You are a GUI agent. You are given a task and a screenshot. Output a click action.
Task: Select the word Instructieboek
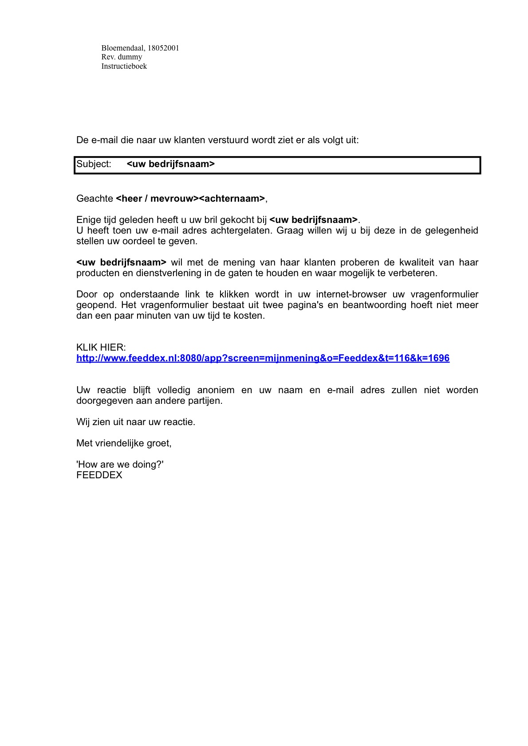[124, 66]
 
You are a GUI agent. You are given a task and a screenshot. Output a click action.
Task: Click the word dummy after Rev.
[130, 57]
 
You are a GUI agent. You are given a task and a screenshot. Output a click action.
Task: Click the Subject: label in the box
[94, 164]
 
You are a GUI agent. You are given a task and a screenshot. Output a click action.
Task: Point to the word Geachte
[95, 199]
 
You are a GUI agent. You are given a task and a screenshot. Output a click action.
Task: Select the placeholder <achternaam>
[232, 199]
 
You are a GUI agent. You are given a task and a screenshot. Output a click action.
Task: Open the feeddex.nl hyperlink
[263, 358]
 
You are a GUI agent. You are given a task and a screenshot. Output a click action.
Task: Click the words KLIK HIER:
[101, 348]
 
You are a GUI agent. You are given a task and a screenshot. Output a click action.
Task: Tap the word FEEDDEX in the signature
[99, 475]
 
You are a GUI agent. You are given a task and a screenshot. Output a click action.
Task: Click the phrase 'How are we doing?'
[120, 465]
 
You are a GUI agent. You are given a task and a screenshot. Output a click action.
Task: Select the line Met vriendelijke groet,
[124, 443]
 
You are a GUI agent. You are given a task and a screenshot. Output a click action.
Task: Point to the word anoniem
[216, 390]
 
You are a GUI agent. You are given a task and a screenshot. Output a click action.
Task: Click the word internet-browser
[351, 294]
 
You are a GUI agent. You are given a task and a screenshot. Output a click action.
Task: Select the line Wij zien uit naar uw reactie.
[136, 422]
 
